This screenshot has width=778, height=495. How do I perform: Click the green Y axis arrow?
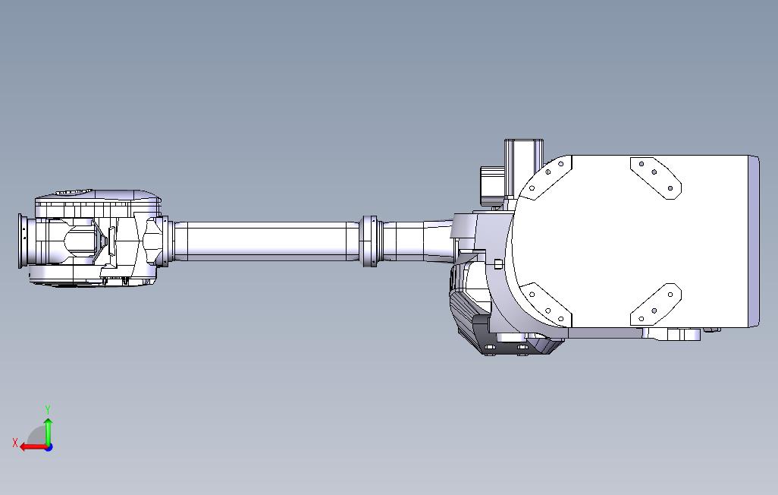(48, 430)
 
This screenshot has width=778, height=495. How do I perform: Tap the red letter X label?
(15, 442)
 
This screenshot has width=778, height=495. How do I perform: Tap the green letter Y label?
(48, 410)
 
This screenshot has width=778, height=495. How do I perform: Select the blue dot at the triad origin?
(49, 447)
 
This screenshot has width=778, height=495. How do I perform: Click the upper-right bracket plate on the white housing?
(656, 177)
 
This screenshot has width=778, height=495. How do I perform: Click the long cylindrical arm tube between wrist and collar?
(265, 241)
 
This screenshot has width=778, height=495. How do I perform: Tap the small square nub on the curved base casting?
(497, 263)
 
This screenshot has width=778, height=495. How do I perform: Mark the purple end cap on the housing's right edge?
(754, 241)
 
